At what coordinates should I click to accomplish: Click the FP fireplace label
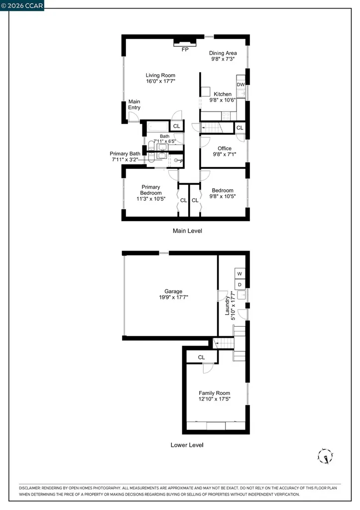tap(185, 50)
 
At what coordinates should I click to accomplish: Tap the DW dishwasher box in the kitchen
tap(240, 85)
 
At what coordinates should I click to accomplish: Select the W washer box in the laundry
tap(240, 274)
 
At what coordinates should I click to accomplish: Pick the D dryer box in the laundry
tap(240, 284)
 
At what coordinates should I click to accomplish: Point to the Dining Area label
tap(223, 53)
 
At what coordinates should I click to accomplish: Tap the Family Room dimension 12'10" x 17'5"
tap(215, 399)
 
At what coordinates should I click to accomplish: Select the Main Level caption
tap(187, 231)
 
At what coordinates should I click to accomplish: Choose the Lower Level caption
tap(187, 445)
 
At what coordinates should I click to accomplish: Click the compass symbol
tap(325, 456)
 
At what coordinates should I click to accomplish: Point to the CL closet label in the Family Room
tap(201, 357)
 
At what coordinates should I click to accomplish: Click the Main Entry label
tap(134, 105)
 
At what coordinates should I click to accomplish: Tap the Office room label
tap(225, 148)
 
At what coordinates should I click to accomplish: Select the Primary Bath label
tap(125, 154)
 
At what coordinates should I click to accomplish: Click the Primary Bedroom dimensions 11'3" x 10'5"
tap(150, 199)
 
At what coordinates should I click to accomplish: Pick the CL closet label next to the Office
tap(240, 128)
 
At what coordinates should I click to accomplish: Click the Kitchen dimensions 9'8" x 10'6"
tap(223, 100)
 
